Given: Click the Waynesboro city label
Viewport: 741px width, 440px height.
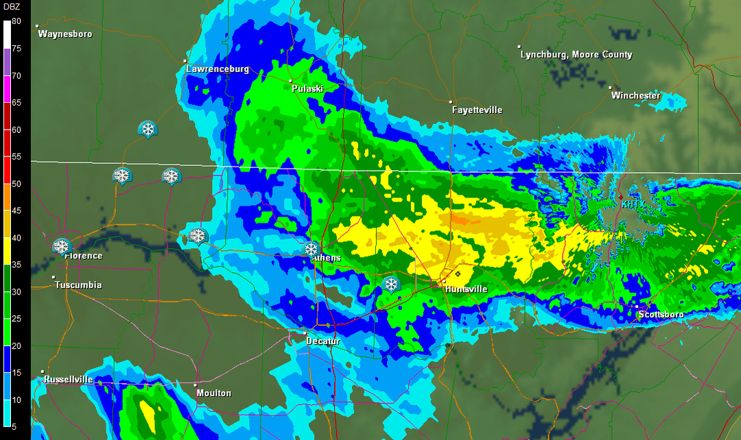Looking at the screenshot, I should tap(65, 34).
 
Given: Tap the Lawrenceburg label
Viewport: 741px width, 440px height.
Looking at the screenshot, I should tap(217, 69).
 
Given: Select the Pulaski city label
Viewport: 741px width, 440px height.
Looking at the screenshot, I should tap(307, 88).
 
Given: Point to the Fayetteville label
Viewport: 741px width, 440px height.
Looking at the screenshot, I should tap(477, 110).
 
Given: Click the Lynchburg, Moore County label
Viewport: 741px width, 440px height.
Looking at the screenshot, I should tap(576, 55).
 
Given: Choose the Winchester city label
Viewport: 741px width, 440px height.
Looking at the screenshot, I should tap(635, 95).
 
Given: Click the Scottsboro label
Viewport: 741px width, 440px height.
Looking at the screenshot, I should tap(661, 315).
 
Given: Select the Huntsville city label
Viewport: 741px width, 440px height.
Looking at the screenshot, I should tap(466, 289).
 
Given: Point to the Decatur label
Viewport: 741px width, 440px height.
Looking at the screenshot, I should tap(322, 341).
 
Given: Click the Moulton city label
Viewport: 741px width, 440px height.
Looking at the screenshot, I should tap(213, 393).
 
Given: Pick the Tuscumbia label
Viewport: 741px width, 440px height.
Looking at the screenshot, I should tap(78, 285).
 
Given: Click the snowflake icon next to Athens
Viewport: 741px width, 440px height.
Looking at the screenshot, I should tap(311, 249).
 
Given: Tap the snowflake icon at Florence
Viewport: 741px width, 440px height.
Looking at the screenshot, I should tap(62, 246).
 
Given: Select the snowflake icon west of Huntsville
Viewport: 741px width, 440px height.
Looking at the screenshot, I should tap(391, 284).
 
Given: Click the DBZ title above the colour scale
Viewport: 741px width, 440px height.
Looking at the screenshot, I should tap(12, 8).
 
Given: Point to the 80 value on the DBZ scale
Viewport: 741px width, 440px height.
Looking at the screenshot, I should tap(16, 21).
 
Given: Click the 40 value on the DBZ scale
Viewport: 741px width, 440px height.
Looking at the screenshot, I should tap(16, 238).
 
